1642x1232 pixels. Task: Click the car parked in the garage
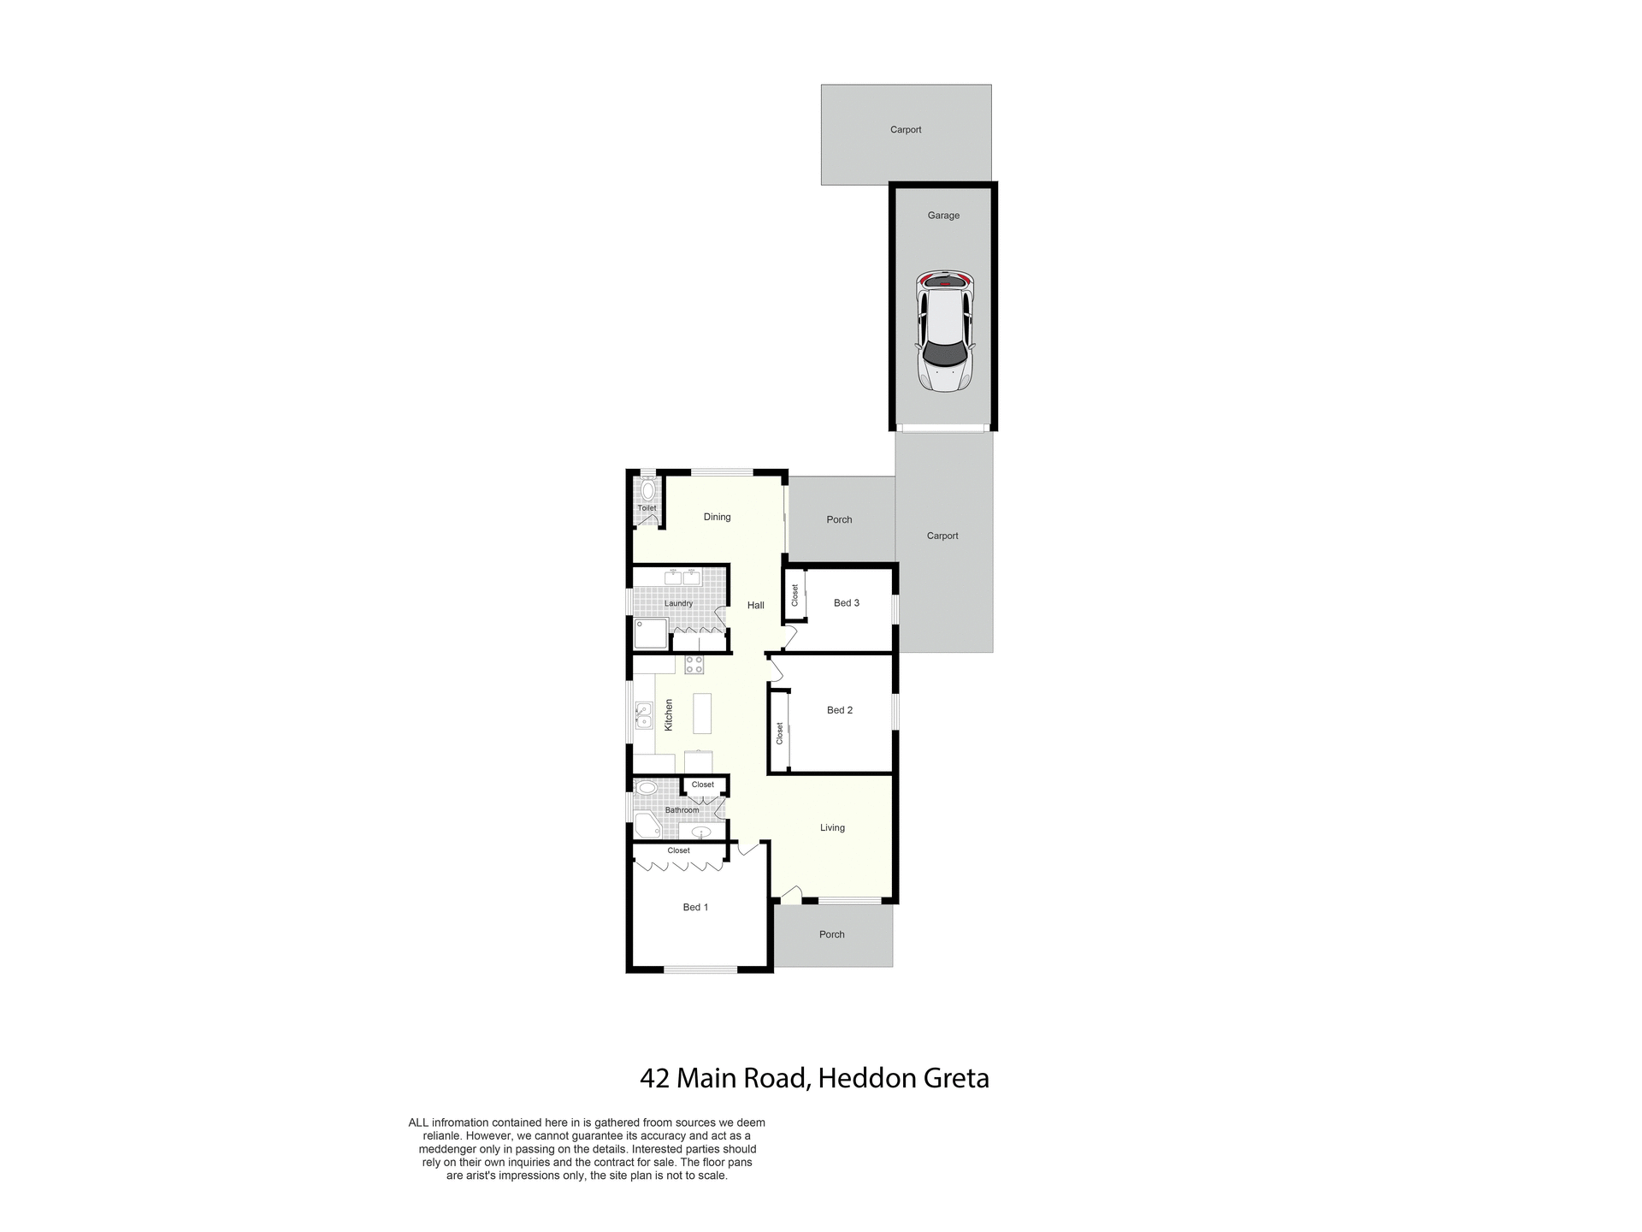[944, 331]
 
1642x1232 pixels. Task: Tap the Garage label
[943, 216]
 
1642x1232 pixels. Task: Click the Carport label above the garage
[906, 130]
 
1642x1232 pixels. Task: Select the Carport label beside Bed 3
[942, 536]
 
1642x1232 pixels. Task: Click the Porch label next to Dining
[839, 519]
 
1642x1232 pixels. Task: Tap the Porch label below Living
[831, 934]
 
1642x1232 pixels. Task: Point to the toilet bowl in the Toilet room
[647, 490]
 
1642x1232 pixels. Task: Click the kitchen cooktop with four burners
[694, 665]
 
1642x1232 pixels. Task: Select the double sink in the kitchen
[643, 715]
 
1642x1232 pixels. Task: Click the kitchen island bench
[702, 714]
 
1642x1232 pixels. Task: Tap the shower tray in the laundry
[650, 635]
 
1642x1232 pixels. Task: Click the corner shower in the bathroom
[647, 826]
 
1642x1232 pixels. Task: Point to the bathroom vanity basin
[700, 832]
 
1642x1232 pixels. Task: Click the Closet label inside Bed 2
[779, 733]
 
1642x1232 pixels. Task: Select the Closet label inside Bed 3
[794, 595]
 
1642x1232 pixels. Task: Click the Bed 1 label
[695, 907]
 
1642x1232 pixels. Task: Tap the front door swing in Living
[790, 895]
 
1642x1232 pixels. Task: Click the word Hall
[755, 605]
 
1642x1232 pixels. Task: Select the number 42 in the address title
[655, 1078]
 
